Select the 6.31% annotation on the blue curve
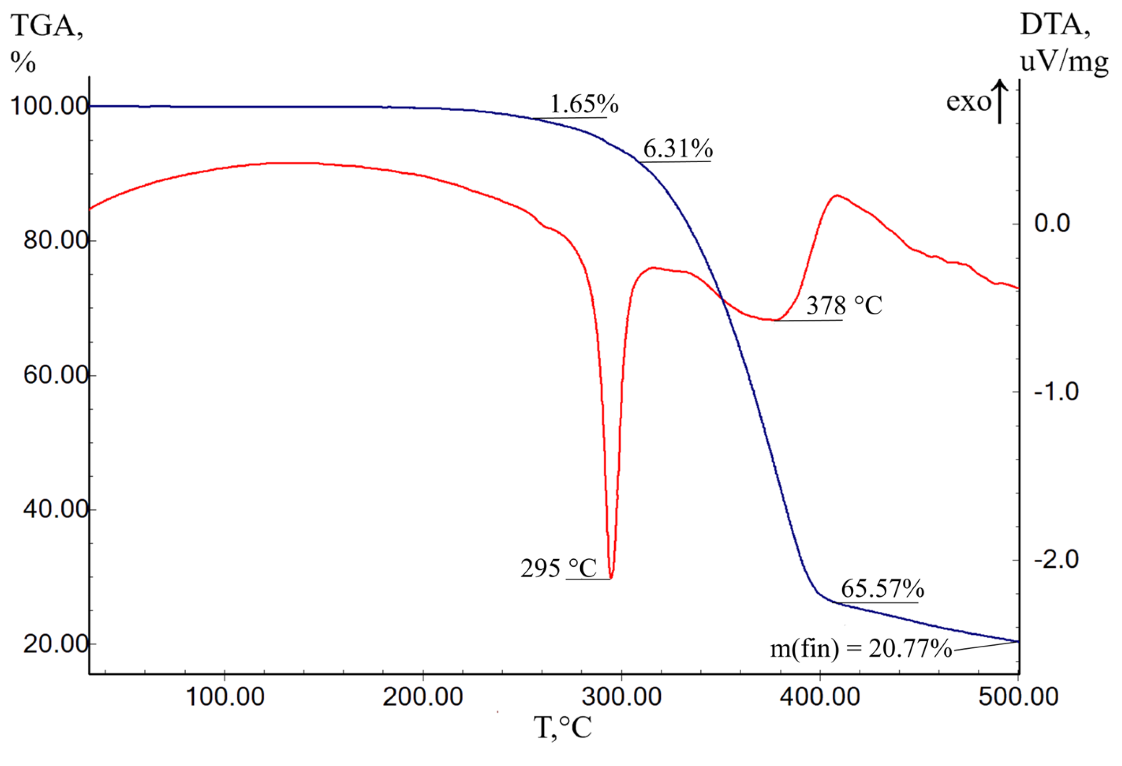tap(678, 149)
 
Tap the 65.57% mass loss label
tap(883, 588)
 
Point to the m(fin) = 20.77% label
tap(861, 649)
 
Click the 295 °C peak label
tap(558, 568)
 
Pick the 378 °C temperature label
tap(844, 305)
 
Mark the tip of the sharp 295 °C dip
tap(611, 577)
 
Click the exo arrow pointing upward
tap(1000, 102)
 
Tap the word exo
tap(968, 102)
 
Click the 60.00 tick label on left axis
tap(55, 375)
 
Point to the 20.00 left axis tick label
tap(55, 644)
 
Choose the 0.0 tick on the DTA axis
tap(1052, 223)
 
